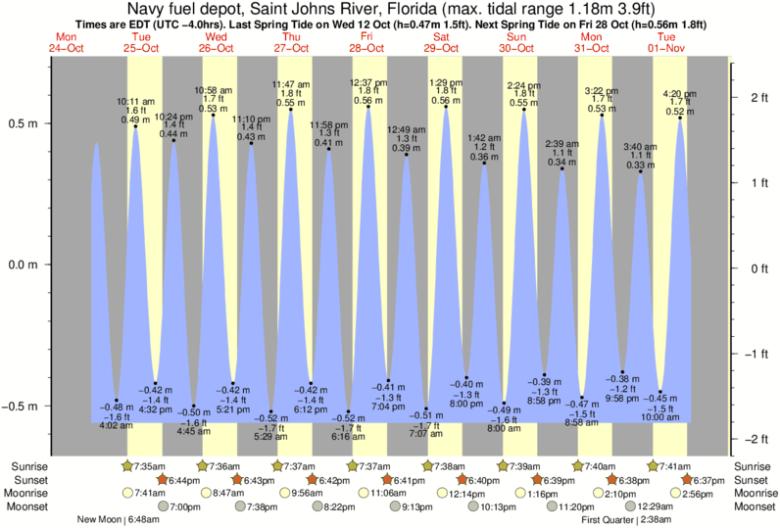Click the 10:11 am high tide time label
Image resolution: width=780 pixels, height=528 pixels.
coord(135,100)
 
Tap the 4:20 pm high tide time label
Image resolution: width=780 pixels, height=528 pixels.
coord(682,93)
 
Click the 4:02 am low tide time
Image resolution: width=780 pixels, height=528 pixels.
coord(117,424)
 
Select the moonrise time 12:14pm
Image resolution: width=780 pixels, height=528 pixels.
coord(465,494)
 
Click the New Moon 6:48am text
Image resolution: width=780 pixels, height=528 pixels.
coord(116,520)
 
